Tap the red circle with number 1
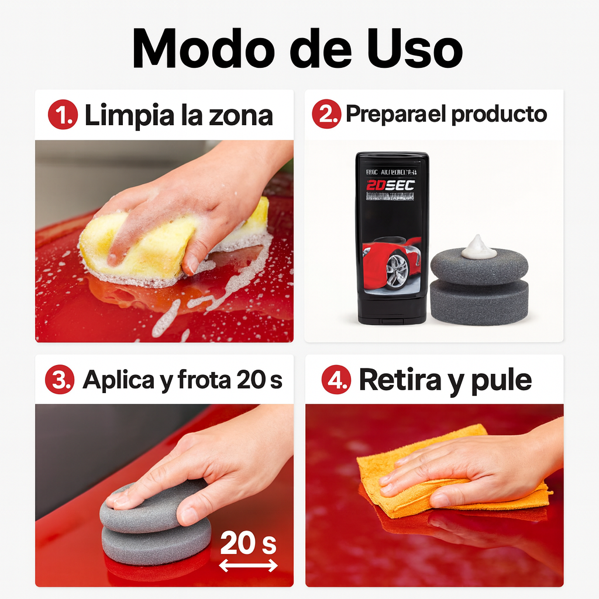click(63, 115)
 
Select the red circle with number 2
click(326, 115)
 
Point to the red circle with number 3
click(60, 380)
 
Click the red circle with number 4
click(336, 380)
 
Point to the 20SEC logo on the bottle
click(391, 186)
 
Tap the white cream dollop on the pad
click(478, 248)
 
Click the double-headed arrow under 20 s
click(248, 566)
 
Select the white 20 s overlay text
click(248, 545)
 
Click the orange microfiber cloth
click(409, 474)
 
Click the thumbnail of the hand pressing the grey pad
click(164, 495)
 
